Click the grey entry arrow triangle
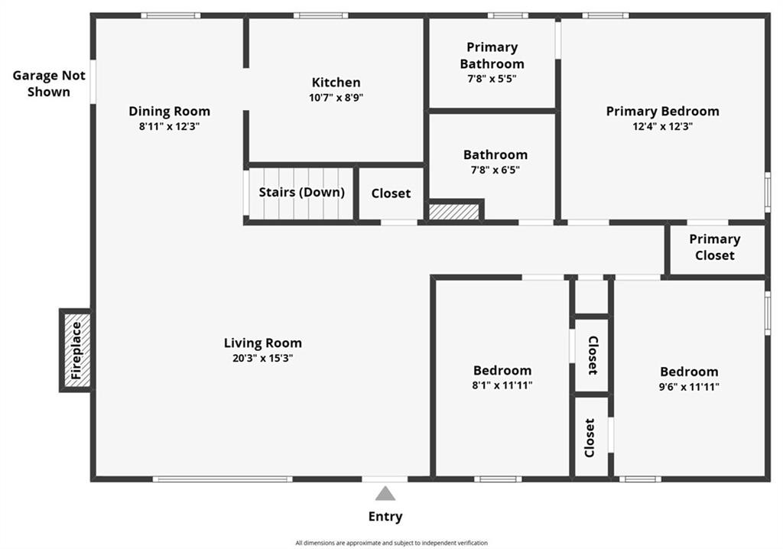(385, 493)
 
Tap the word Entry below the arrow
(385, 517)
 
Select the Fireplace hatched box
(77, 350)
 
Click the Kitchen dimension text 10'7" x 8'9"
(336, 97)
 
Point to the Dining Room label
(169, 112)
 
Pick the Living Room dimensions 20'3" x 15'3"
(263, 358)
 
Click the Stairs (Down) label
(301, 193)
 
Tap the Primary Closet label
(715, 247)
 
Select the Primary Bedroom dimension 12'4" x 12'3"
(663, 126)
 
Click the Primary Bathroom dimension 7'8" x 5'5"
(492, 79)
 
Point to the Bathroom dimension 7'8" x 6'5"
(495, 170)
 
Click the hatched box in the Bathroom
(454, 211)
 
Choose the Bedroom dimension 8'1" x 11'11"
(502, 385)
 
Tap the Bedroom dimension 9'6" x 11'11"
(689, 386)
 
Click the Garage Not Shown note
(49, 83)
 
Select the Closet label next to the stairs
(391, 193)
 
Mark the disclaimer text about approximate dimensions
(391, 543)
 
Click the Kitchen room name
(336, 83)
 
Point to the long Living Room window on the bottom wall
(223, 479)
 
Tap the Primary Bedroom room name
(663, 112)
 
